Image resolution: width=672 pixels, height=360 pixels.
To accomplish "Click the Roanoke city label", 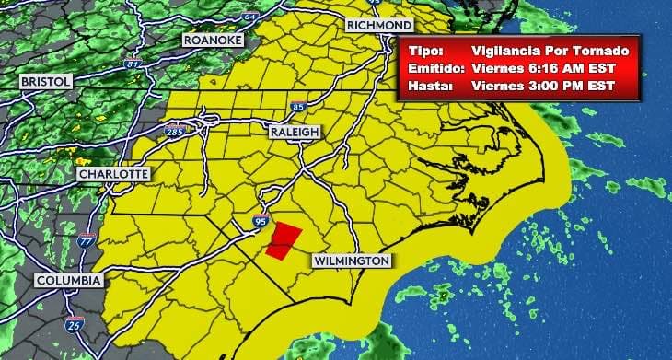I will [212, 41].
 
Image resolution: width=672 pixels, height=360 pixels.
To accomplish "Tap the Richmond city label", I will [378, 25].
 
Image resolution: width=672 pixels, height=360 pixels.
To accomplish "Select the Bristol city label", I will [45, 82].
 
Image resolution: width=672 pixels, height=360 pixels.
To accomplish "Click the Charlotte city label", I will [112, 174].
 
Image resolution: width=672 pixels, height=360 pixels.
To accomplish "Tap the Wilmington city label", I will [351, 261].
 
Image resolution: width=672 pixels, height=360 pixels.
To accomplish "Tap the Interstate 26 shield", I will [75, 324].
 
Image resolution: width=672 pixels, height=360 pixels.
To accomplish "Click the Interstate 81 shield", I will [133, 64].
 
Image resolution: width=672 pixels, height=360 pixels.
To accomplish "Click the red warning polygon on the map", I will [284, 238].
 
